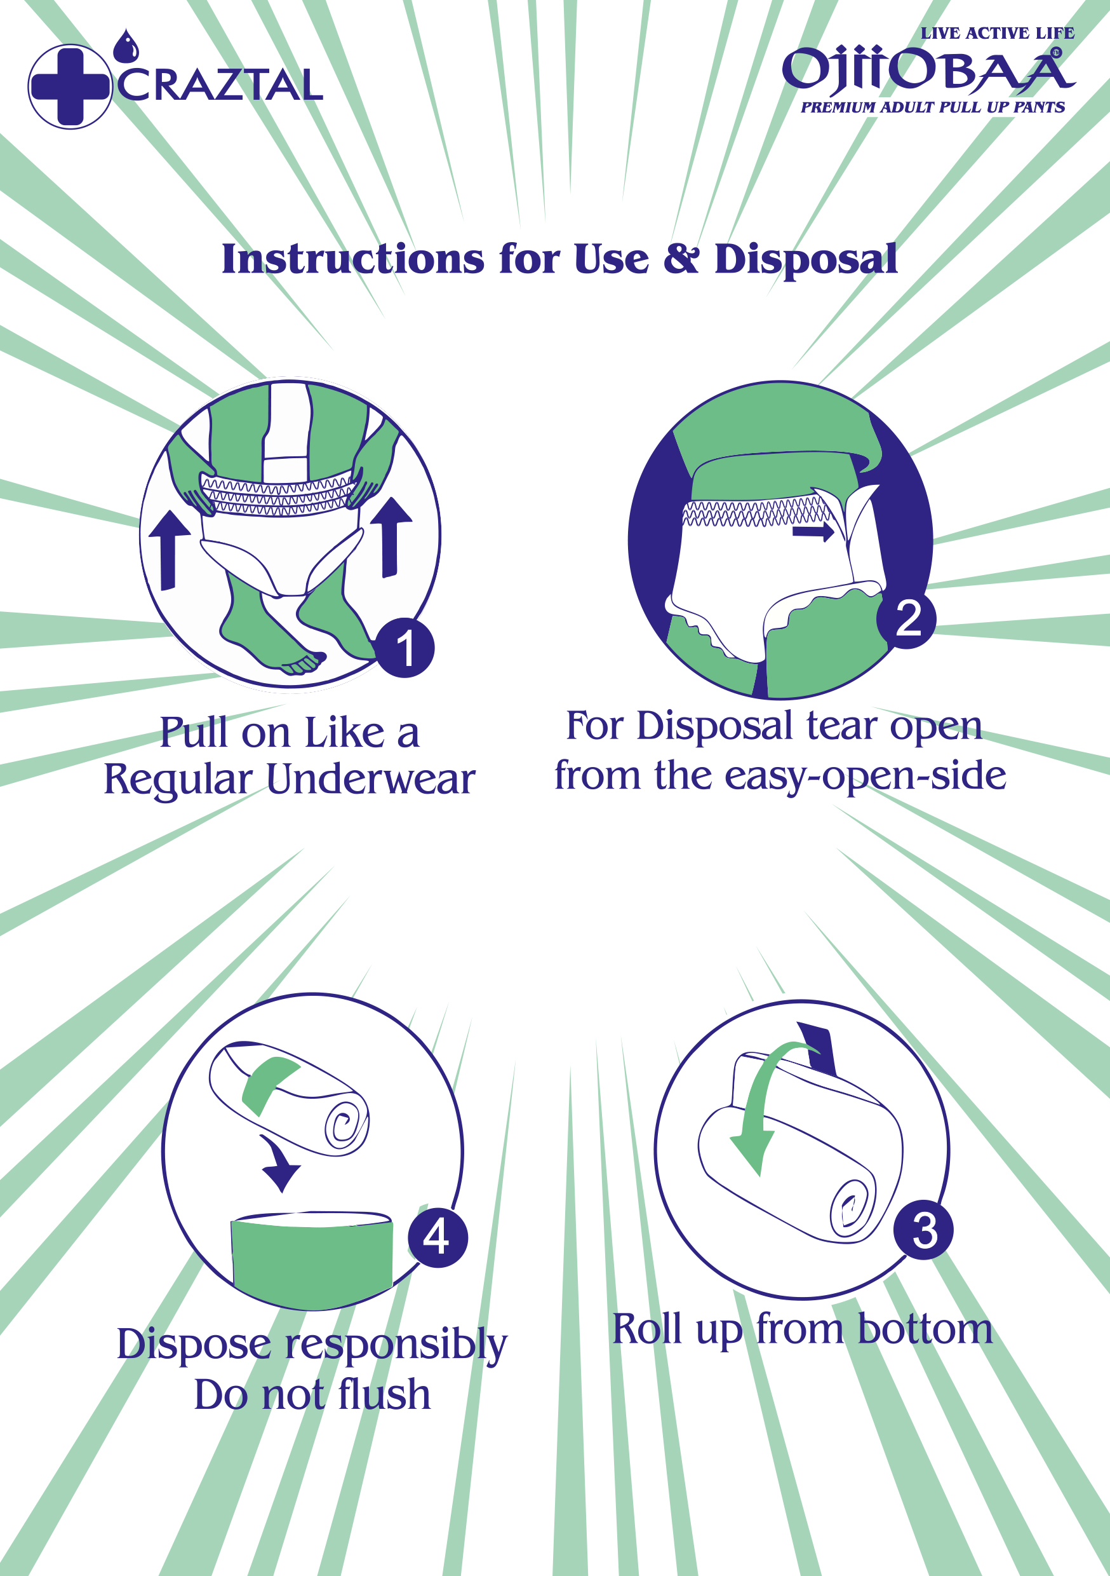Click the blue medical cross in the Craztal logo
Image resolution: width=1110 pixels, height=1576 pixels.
(x=70, y=86)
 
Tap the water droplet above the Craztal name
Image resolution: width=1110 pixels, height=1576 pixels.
(x=126, y=46)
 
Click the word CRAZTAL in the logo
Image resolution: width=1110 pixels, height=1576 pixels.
(x=220, y=85)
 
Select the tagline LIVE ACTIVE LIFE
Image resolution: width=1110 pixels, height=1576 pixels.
(x=998, y=33)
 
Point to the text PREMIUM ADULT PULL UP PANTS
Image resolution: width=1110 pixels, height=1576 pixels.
(x=933, y=107)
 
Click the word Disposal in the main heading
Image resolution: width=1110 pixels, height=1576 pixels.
(x=806, y=259)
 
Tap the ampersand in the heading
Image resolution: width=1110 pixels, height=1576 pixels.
(x=681, y=259)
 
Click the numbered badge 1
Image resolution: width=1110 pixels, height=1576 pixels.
(x=405, y=648)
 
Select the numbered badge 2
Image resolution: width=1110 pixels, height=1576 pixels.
(x=907, y=618)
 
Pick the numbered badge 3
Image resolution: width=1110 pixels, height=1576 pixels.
(x=923, y=1230)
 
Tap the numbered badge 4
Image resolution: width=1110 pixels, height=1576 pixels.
(x=438, y=1237)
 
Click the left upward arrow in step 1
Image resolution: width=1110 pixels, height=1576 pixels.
(x=169, y=550)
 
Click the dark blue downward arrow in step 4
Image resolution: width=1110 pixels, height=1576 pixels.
(x=280, y=1164)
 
